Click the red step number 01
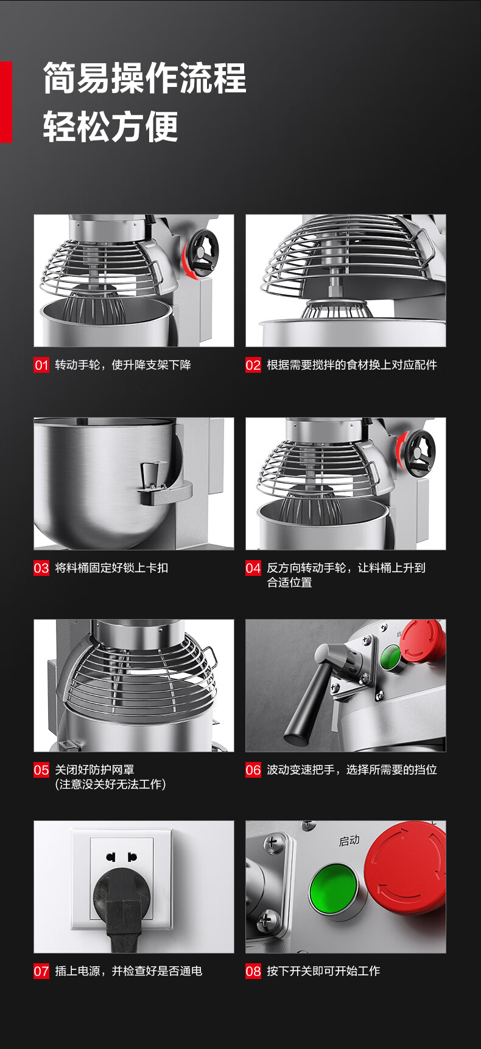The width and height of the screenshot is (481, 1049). click(41, 365)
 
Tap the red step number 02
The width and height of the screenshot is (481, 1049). click(253, 365)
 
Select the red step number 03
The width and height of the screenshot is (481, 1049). click(41, 568)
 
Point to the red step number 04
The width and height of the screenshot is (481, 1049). click(253, 568)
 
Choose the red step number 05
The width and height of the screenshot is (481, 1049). click(41, 770)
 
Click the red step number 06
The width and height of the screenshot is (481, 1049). click(253, 770)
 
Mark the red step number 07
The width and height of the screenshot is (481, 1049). click(41, 971)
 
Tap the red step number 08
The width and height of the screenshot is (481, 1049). click(253, 971)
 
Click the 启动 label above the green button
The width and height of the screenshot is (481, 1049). click(349, 840)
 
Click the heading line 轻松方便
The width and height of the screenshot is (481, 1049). click(111, 126)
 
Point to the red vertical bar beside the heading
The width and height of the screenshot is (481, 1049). click(5, 102)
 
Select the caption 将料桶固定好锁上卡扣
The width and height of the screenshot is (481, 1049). click(111, 568)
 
